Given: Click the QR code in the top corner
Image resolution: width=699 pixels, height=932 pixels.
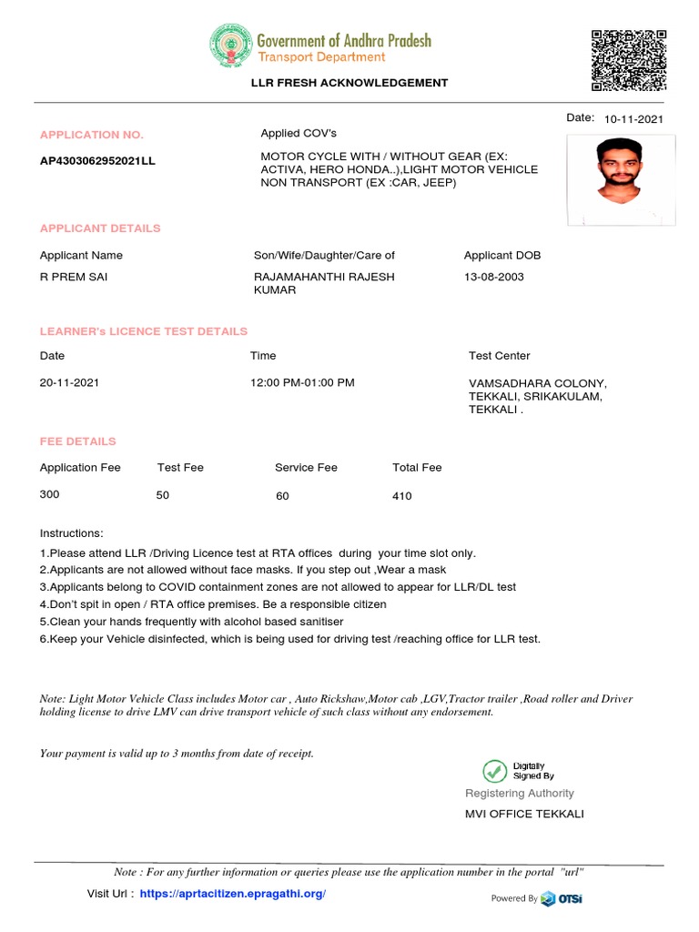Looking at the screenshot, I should (x=627, y=61).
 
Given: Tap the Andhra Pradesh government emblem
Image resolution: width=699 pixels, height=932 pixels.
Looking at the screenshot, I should (x=229, y=47).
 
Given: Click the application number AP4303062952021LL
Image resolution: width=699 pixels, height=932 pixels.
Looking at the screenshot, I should (x=97, y=161).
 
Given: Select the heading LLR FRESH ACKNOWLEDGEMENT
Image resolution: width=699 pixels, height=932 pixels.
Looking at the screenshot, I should (x=349, y=83).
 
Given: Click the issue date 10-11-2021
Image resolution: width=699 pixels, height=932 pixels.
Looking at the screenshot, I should (x=633, y=119).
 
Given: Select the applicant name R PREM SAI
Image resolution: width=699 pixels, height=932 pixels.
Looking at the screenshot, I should (x=74, y=277).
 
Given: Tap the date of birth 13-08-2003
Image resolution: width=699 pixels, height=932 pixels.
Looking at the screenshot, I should (x=494, y=277).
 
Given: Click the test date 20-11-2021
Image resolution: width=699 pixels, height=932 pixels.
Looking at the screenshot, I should (x=70, y=383).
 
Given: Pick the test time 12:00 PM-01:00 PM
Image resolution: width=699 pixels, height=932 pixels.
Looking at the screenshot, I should (x=302, y=383).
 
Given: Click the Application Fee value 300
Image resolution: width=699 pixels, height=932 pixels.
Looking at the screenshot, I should (x=49, y=495).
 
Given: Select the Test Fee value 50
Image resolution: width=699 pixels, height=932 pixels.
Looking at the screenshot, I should (x=164, y=495).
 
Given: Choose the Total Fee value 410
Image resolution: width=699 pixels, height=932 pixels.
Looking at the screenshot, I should (x=401, y=496).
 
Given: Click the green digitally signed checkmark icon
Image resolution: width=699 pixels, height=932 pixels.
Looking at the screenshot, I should (x=495, y=771).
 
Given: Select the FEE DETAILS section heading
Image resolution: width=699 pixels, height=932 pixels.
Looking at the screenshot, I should (x=78, y=441).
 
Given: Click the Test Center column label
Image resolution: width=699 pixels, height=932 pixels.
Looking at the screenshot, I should (x=499, y=356).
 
